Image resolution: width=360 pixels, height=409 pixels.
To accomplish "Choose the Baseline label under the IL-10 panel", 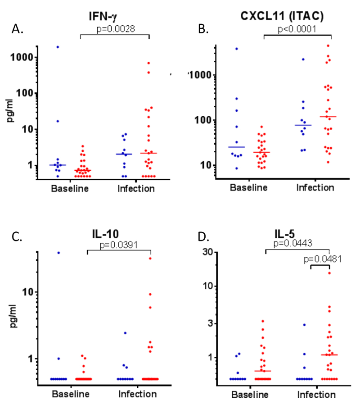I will point(69,394).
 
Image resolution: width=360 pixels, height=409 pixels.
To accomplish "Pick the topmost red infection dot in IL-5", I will point(329,273).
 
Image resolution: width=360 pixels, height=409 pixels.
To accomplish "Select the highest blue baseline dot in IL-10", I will point(58,253).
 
